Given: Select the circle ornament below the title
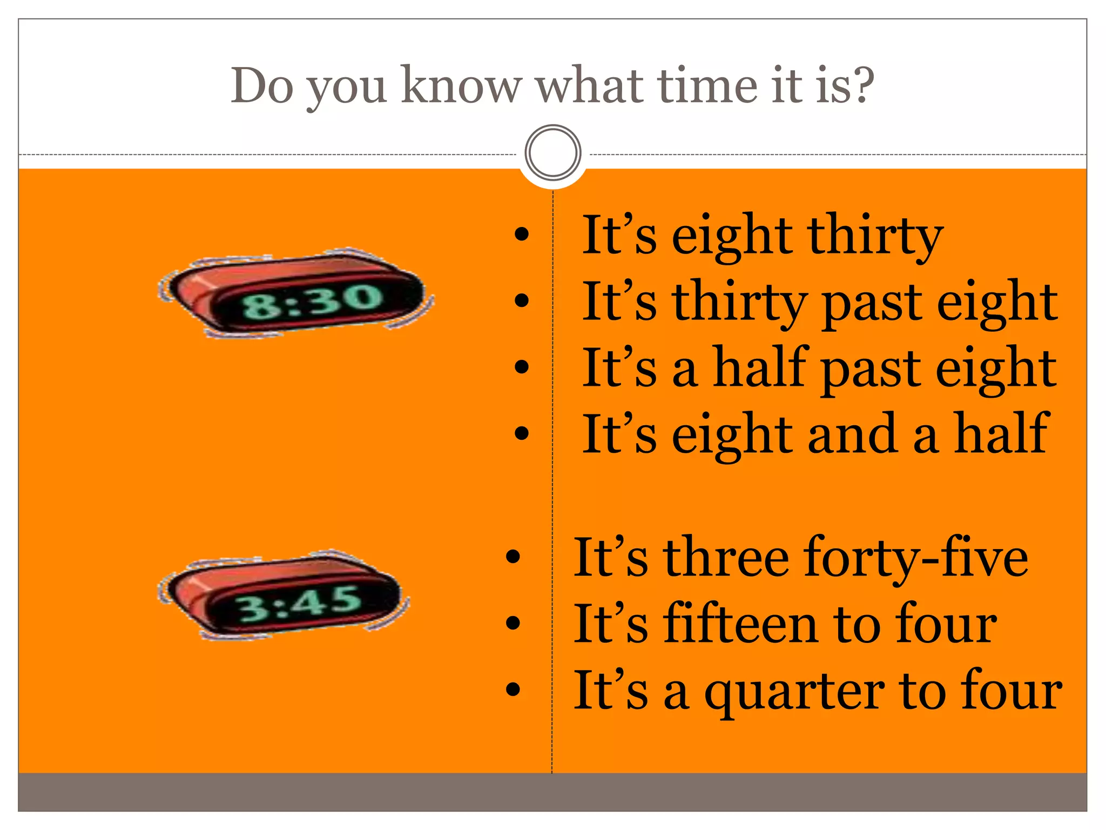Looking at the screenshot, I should coord(552,152).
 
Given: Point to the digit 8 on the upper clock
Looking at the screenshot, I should coord(258,306).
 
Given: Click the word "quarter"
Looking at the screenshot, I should coord(794,692).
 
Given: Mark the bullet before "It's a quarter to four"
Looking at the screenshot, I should coord(512,689).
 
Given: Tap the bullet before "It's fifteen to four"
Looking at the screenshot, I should coord(512,622).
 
